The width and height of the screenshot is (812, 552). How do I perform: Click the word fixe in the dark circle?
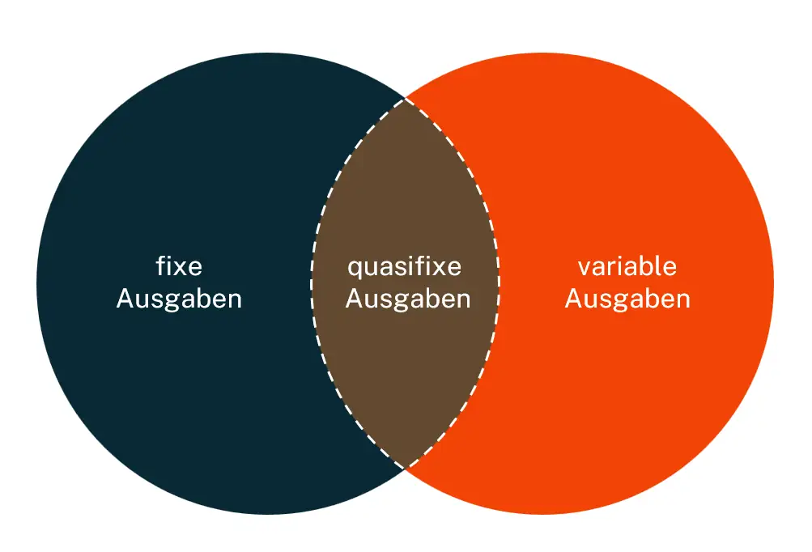pyautogui.click(x=179, y=265)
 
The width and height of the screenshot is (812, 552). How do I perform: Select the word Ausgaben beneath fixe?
pyautogui.click(x=179, y=299)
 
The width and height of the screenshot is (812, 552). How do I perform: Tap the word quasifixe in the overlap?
pyautogui.click(x=404, y=266)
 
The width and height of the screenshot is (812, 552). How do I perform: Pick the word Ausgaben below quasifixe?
pyautogui.click(x=408, y=299)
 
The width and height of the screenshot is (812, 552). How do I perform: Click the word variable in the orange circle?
pyautogui.click(x=627, y=265)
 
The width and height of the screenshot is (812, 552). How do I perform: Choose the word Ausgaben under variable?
pyautogui.click(x=627, y=299)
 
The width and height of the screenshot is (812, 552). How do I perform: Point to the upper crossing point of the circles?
pyautogui.click(x=405, y=99)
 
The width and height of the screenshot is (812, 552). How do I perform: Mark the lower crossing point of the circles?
pyautogui.click(x=405, y=467)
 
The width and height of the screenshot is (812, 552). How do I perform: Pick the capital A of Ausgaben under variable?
pyautogui.click(x=573, y=299)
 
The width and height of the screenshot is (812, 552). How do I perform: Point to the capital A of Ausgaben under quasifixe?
pyautogui.click(x=354, y=299)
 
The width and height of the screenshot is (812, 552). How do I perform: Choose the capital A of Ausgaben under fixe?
pyautogui.click(x=125, y=299)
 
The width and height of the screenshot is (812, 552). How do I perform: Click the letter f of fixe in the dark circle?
pyautogui.click(x=159, y=265)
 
